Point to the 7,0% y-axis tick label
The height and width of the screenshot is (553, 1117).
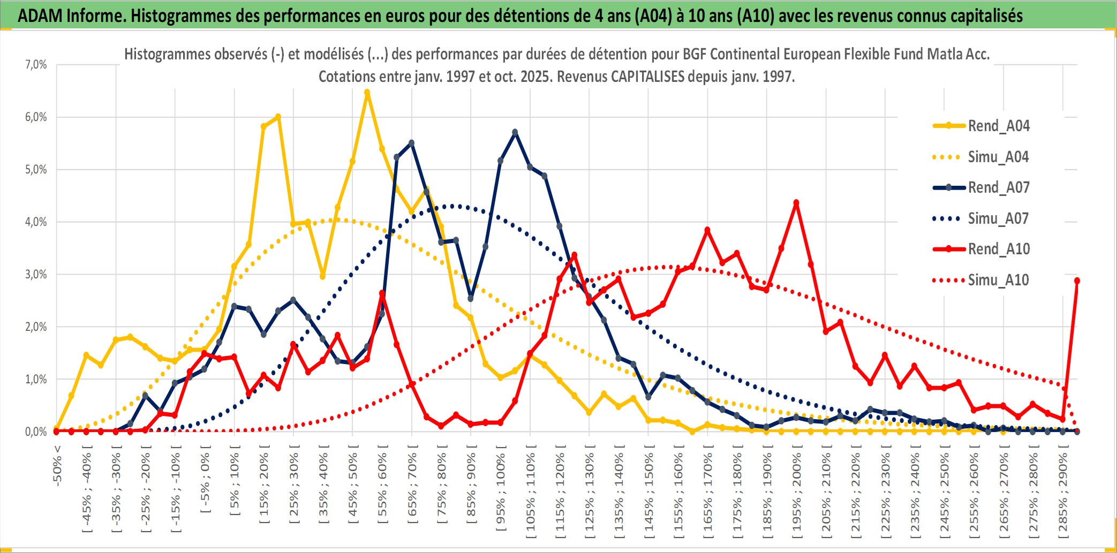tap(36, 65)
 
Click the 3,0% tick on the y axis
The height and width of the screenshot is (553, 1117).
tap(36, 275)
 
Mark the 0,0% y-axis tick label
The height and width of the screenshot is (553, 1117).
tap(36, 431)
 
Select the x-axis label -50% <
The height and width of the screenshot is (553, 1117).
tap(57, 466)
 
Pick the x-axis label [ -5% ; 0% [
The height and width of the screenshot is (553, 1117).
tap(205, 479)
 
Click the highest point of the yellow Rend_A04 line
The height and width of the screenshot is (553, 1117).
tap(367, 93)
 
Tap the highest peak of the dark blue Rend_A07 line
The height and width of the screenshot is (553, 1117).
tap(515, 132)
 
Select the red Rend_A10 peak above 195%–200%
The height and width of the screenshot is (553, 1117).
tap(796, 203)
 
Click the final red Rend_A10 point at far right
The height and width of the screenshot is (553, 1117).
tap(1077, 281)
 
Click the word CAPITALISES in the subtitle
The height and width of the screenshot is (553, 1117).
tap(647, 77)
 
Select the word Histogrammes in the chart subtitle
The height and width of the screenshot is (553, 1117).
tap(159, 54)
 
